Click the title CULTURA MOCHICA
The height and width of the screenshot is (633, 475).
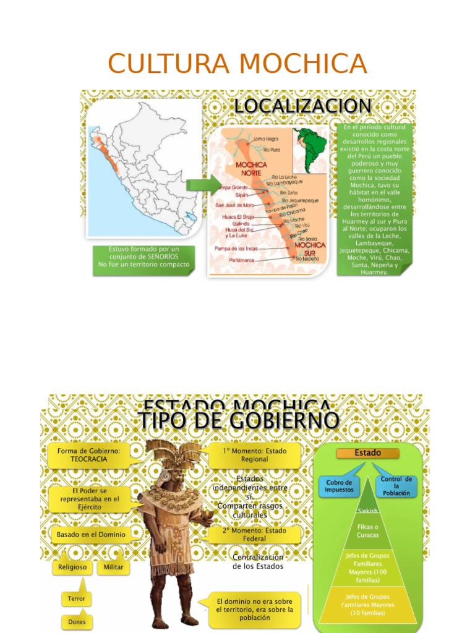pos(237,64)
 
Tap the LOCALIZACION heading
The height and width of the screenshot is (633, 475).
pos(302,106)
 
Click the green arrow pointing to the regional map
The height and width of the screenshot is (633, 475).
pos(202,184)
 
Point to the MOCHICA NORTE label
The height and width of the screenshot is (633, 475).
pos(250,169)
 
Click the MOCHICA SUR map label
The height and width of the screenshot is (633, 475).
pos(309,249)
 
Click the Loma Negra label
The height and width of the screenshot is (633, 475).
pos(267,140)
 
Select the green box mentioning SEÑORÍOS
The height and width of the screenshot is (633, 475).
pos(143,260)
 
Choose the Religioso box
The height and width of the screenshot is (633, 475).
pos(72,567)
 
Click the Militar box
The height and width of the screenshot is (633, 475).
pos(114,567)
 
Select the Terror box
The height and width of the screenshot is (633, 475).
pos(77,598)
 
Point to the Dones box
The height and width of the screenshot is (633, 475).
pos(77,622)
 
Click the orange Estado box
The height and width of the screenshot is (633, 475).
pos(367,453)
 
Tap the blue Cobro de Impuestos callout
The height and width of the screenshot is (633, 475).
pos(339,486)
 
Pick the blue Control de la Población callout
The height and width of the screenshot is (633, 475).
pos(396,486)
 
